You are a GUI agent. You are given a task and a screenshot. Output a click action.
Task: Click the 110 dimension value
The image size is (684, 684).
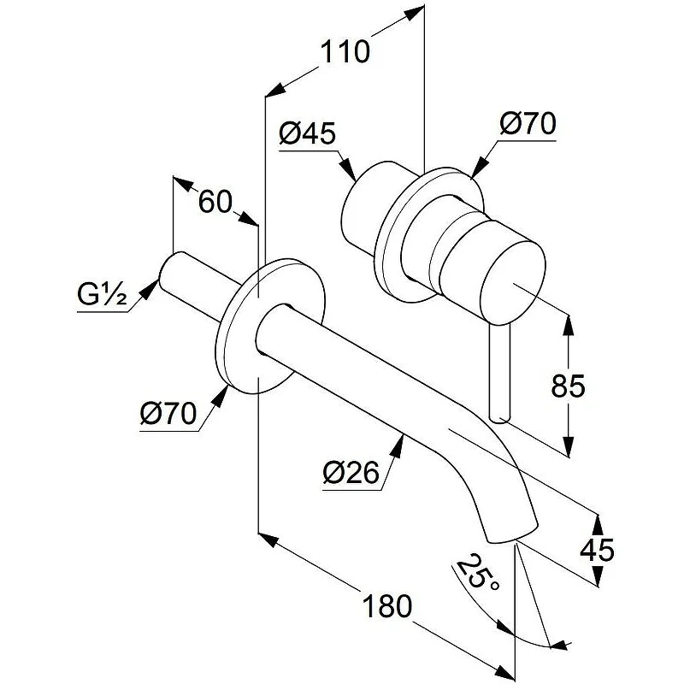(345, 53)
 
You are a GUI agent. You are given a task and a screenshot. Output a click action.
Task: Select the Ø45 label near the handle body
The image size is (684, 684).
(307, 133)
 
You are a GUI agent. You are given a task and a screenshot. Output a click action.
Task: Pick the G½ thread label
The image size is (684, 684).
(101, 298)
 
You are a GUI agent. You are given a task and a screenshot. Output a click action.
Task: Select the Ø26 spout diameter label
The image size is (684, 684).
(351, 473)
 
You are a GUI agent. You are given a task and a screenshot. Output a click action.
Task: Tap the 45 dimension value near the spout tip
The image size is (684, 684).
(596, 550)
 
